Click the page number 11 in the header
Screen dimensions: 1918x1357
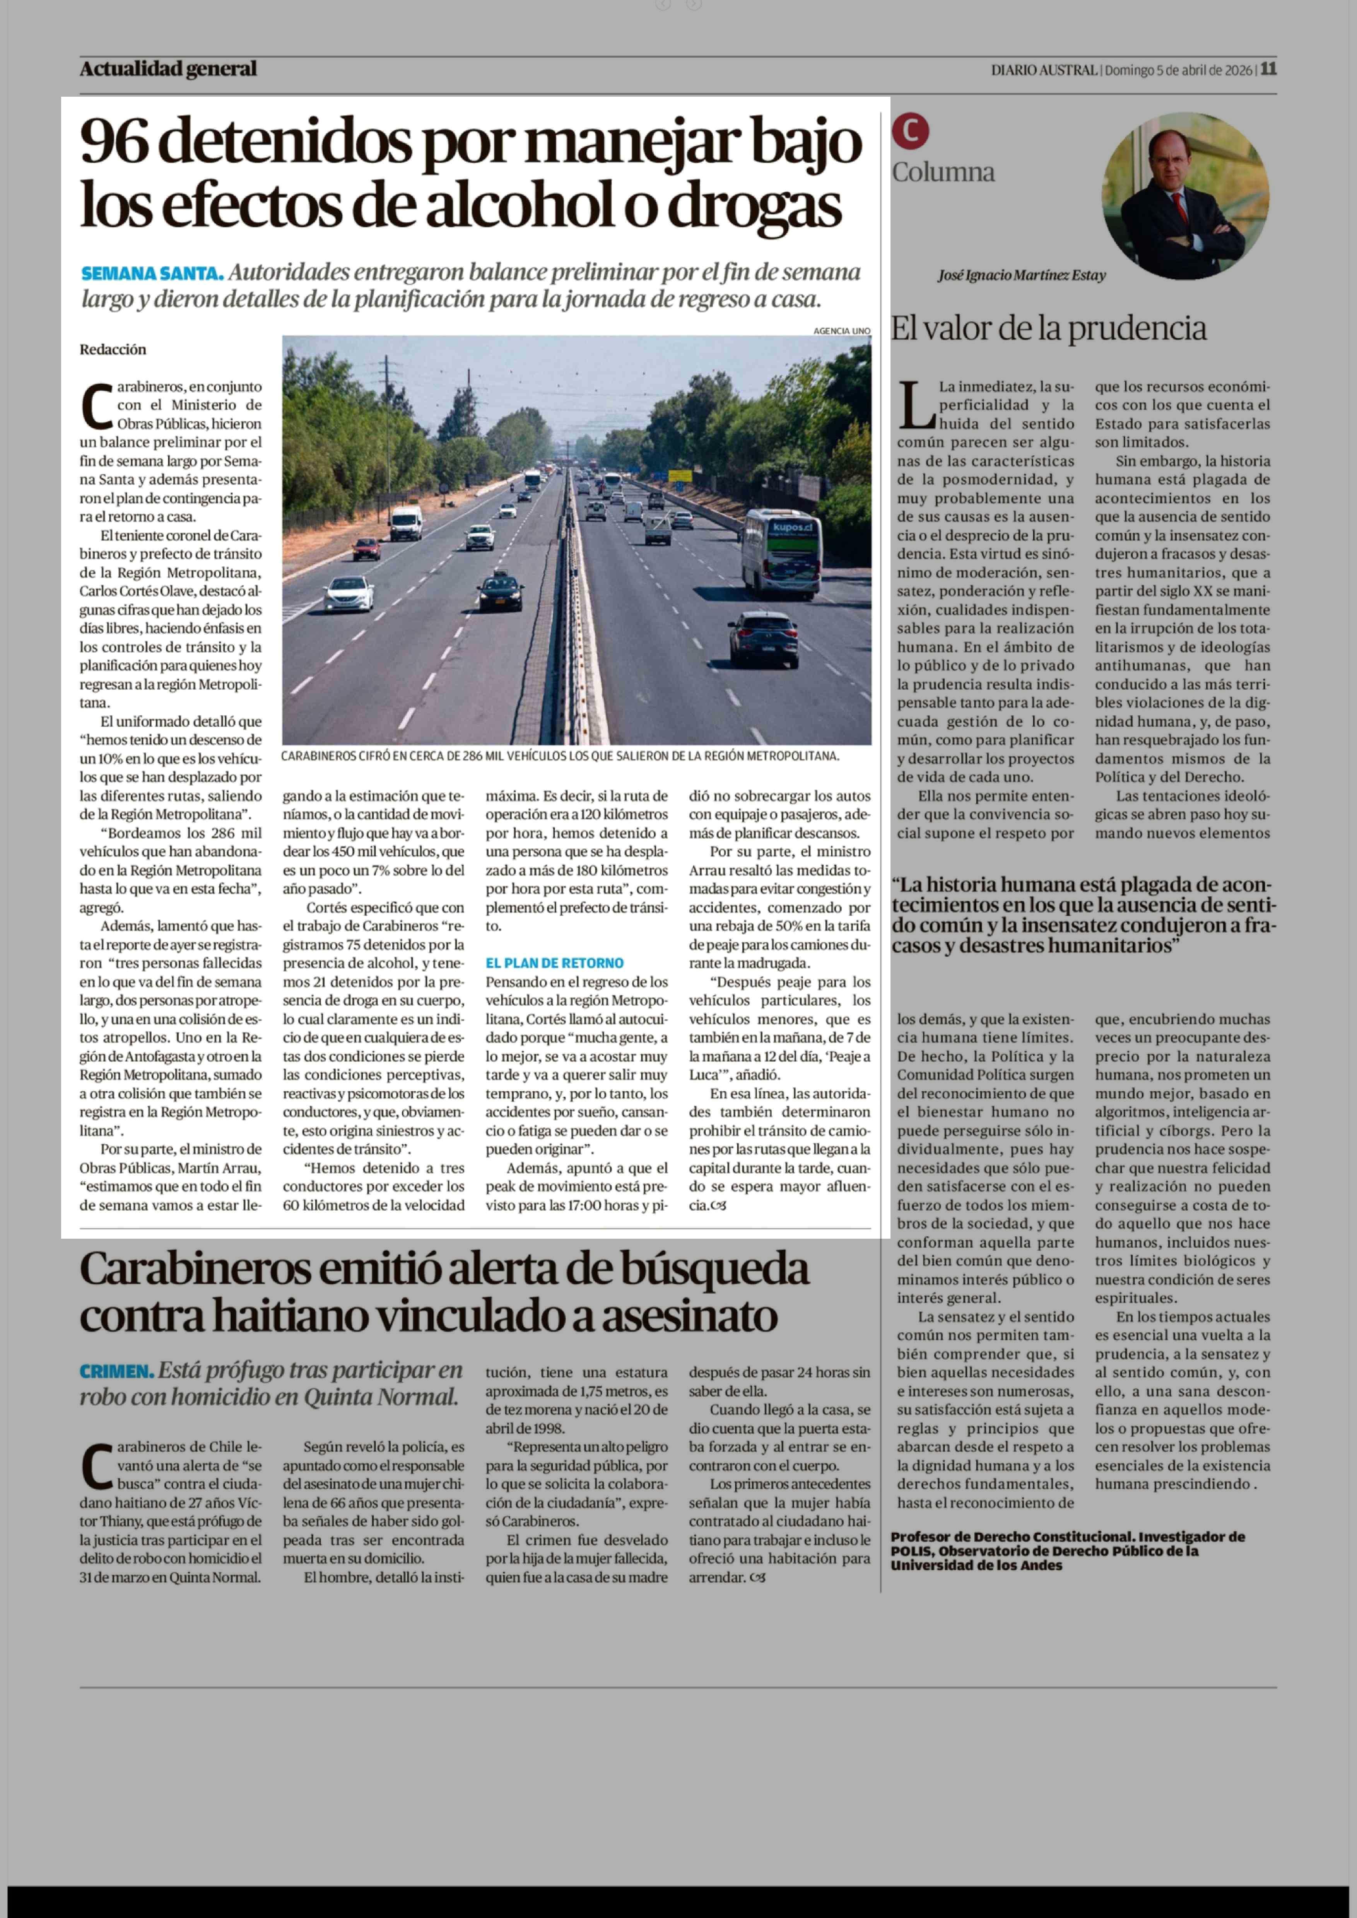[1268, 69]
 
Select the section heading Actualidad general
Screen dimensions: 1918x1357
[168, 69]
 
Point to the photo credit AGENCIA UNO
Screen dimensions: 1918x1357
[841, 331]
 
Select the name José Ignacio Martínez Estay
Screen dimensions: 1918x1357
[1021, 275]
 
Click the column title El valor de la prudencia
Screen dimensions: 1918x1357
[1049, 328]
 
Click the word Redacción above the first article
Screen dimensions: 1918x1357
[113, 349]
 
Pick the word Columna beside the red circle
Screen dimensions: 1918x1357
[943, 172]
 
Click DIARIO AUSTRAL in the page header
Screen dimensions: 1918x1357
[1044, 70]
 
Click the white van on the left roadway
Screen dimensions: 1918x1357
[406, 522]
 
